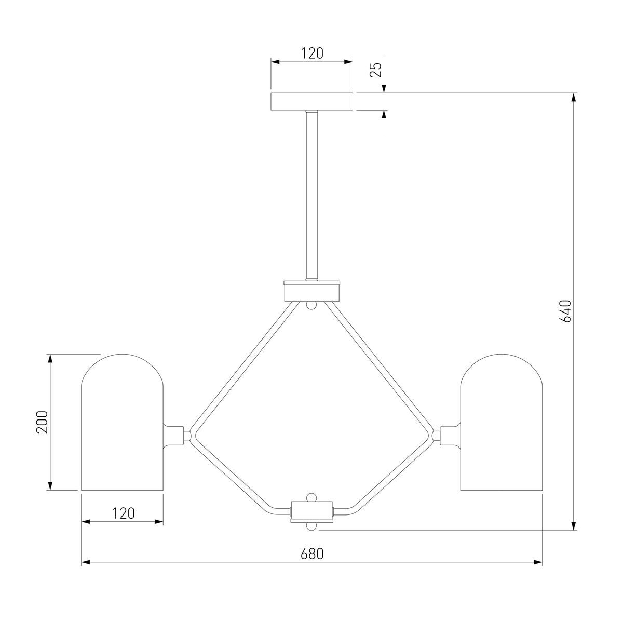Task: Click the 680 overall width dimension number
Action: point(312,554)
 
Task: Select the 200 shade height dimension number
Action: point(42,422)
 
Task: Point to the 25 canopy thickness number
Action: point(376,70)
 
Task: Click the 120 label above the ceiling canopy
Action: point(312,53)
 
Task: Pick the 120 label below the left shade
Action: point(123,513)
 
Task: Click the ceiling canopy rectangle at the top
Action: point(311,102)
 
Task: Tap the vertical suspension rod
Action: point(311,196)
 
